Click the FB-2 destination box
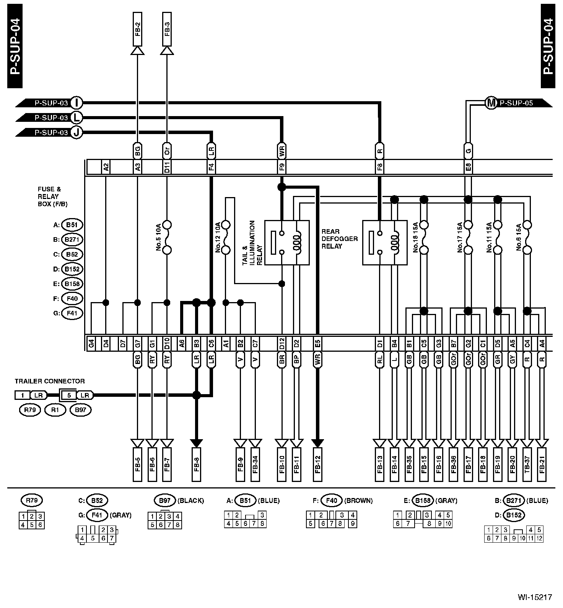pos(137,29)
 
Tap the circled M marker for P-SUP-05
pos(491,103)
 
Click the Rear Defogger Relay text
pos(339,239)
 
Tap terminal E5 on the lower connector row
pos(317,344)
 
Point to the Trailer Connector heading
pos(50,381)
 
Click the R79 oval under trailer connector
pos(29,411)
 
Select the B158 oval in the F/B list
pos(72,284)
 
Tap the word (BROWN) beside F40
pos(358,500)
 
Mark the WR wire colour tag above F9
pos(281,150)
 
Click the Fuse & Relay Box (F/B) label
pos(52,197)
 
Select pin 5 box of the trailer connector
pos(69,395)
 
